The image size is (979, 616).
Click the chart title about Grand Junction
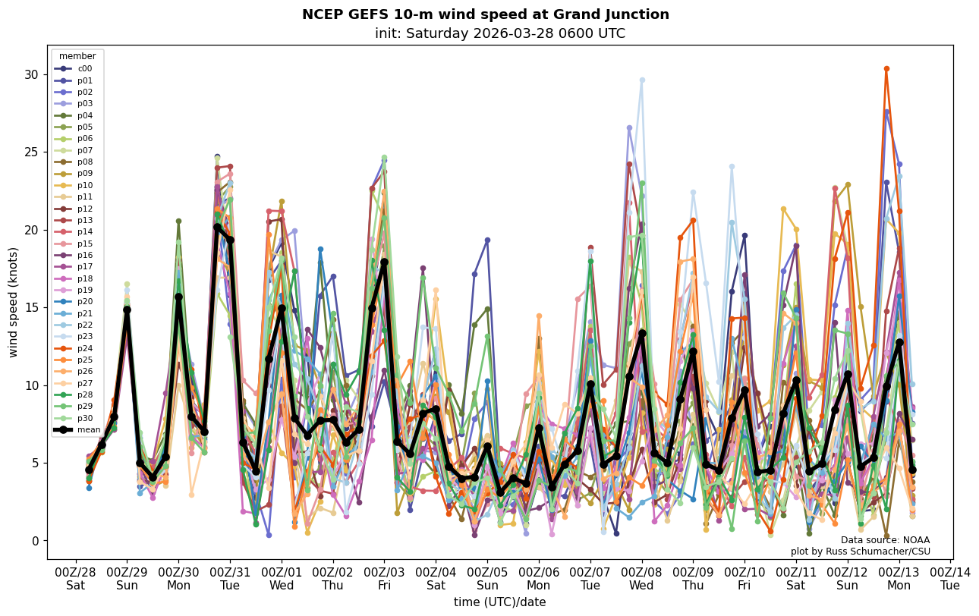(486, 14)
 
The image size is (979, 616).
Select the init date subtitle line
(499, 33)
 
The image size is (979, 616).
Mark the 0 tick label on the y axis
(35, 541)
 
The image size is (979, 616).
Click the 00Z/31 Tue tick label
(230, 578)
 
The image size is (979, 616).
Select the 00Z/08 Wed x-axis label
(642, 578)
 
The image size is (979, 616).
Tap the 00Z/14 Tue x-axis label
(950, 578)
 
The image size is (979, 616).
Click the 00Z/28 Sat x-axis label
(75, 578)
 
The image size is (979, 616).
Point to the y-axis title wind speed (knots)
(14, 302)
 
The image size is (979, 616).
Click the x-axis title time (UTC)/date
(499, 602)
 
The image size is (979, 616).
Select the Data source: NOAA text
(885, 540)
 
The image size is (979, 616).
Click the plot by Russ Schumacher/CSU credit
(860, 552)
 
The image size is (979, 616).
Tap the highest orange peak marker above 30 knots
(886, 69)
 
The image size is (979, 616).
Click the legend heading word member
(77, 56)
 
